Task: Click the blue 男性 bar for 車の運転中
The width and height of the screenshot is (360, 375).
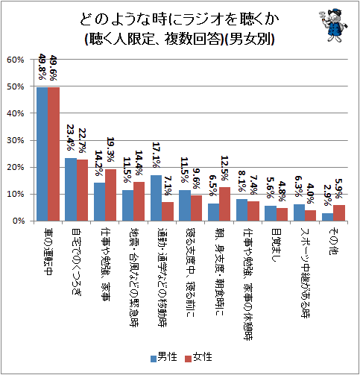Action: [x=42, y=154]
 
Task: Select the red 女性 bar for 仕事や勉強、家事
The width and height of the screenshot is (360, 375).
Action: [x=110, y=195]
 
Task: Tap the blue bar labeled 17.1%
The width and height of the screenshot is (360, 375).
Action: [x=156, y=198]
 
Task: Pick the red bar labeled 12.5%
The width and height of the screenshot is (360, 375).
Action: [x=224, y=204]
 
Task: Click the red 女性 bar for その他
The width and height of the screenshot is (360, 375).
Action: [x=339, y=212]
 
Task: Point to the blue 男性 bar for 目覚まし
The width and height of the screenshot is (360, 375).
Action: [x=271, y=213]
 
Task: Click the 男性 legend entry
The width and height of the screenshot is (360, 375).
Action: [x=164, y=357]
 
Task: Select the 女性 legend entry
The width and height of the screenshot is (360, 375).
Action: [x=198, y=357]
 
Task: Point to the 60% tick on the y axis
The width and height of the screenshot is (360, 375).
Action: [x=16, y=60]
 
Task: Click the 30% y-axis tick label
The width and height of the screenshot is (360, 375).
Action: [x=16, y=140]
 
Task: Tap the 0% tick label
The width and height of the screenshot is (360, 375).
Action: [x=18, y=221]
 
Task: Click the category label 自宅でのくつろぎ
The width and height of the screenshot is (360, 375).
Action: [x=76, y=262]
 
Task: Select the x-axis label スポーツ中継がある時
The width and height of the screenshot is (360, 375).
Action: [x=305, y=273]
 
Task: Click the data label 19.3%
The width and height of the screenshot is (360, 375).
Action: [x=110, y=150]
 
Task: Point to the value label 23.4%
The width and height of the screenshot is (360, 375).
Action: [x=71, y=138]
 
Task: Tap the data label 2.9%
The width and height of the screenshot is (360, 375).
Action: [x=326, y=195]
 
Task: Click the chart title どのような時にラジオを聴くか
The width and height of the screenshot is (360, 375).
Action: [x=180, y=19]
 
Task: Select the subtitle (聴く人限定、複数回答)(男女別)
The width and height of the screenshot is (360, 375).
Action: [x=180, y=39]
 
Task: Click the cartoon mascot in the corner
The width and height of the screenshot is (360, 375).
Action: [x=333, y=25]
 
